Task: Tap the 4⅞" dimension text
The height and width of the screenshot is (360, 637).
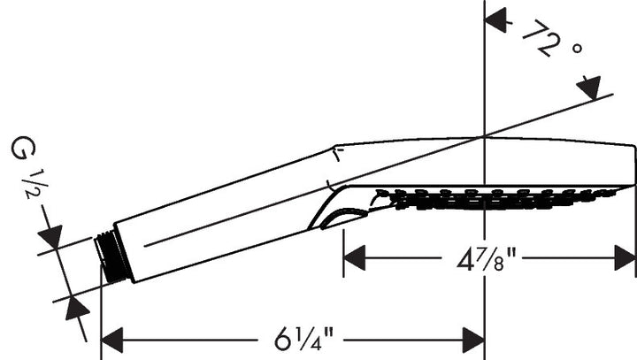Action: coord(487,259)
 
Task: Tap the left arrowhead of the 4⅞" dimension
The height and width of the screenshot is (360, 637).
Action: coord(354,259)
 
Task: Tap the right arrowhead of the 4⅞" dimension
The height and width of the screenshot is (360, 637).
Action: coord(625,259)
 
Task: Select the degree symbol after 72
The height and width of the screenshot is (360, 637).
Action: coord(576,50)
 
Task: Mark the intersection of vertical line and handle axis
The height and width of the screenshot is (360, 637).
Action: coord(484,136)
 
